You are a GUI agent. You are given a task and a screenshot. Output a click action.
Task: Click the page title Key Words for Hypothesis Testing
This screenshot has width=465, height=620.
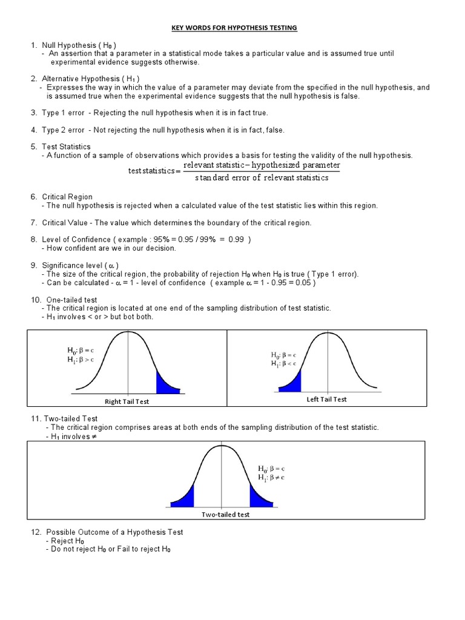[x=232, y=28]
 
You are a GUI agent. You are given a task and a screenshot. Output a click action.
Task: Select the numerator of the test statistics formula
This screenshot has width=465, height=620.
[x=262, y=165]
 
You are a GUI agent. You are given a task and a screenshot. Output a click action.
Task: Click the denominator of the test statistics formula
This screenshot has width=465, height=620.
[x=262, y=177]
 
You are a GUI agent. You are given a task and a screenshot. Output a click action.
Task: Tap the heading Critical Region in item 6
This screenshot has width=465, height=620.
[x=67, y=197]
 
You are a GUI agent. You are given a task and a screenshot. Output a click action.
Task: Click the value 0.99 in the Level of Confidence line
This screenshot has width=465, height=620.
[x=236, y=239]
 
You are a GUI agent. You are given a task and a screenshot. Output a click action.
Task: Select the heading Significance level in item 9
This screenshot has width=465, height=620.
[x=74, y=265]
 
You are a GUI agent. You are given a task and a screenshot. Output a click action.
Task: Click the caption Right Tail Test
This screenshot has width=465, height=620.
[x=127, y=401]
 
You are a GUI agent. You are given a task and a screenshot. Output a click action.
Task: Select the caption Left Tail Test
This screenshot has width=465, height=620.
[x=326, y=399]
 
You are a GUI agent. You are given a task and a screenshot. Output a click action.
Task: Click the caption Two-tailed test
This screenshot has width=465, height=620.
[x=225, y=514]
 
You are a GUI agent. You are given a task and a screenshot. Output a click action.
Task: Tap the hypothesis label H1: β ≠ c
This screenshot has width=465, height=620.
[x=271, y=478]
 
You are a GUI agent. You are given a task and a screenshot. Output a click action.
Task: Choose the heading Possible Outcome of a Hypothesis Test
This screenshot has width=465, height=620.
[x=112, y=532]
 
